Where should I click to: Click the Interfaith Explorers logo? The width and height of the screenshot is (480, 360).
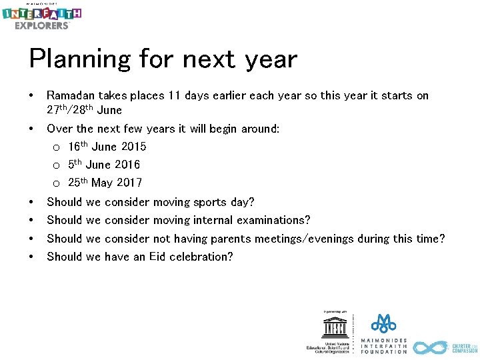point(41,17)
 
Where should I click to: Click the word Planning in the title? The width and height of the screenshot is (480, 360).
point(79,60)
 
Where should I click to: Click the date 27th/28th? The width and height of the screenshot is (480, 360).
point(71,110)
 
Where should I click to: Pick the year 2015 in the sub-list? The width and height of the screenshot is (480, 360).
point(133,147)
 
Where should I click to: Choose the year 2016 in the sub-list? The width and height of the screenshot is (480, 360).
point(127,165)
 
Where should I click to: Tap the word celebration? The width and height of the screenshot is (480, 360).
point(204,257)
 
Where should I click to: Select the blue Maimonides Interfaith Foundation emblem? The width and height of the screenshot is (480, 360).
point(383,323)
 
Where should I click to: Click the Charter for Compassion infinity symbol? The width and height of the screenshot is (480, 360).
point(430,347)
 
